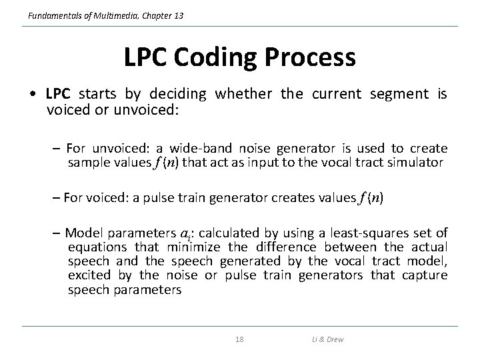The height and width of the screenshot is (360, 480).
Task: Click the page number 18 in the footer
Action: coord(239,339)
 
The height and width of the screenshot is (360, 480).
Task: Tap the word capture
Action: coord(425,275)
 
